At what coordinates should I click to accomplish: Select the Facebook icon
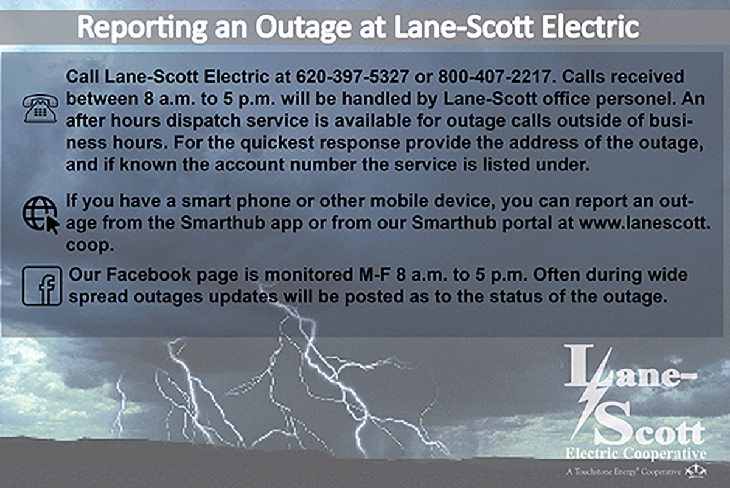(x=42, y=286)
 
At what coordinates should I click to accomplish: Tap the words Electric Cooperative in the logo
(x=636, y=453)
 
